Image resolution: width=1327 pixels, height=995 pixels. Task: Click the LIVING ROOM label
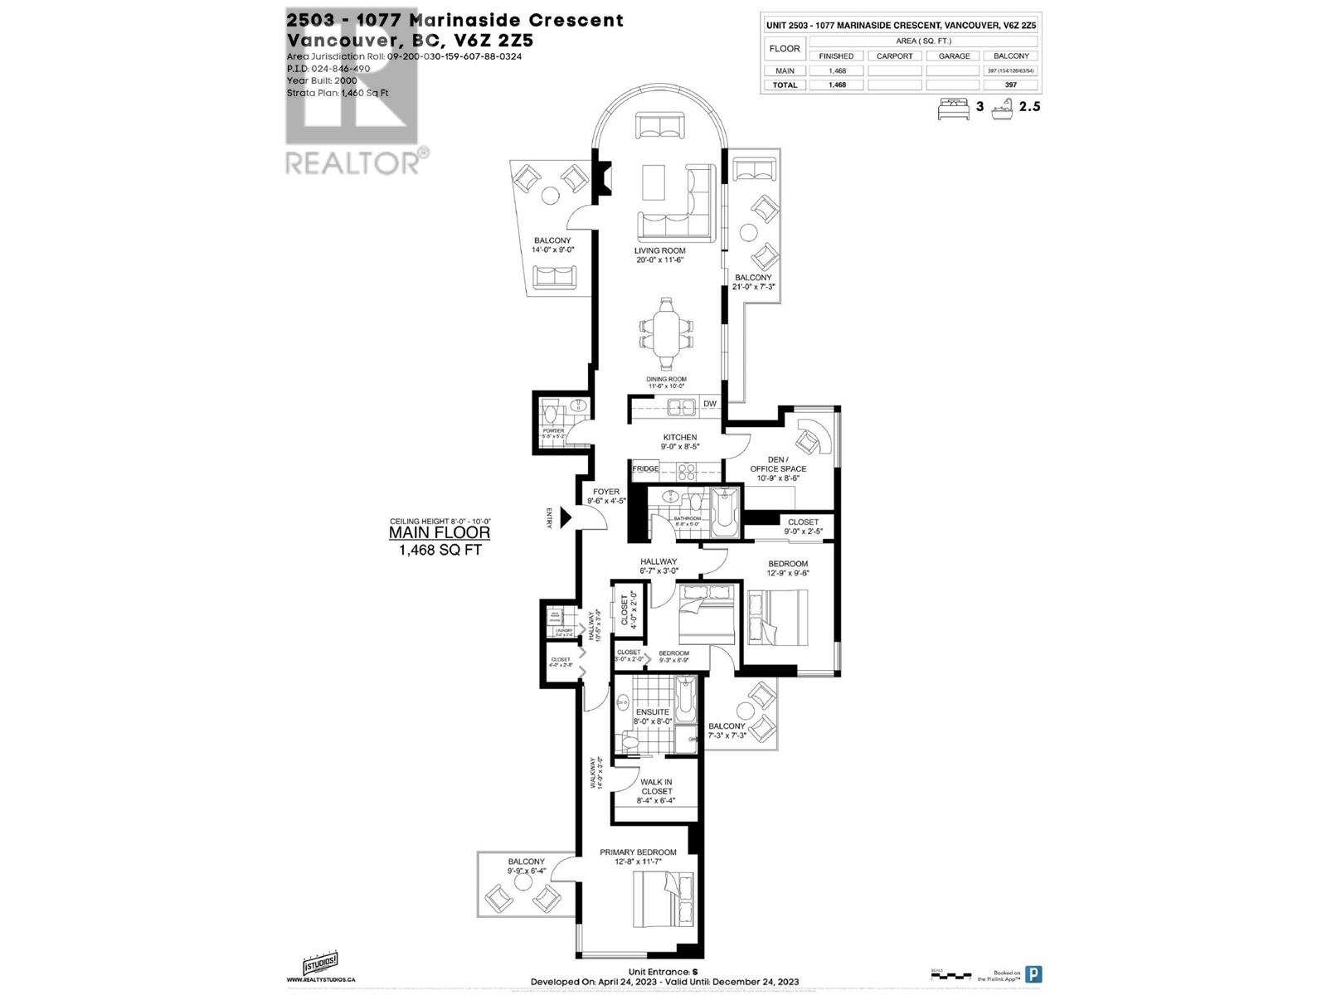659,250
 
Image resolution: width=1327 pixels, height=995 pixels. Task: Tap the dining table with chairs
665,334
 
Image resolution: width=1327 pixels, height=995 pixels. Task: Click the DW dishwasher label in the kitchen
710,404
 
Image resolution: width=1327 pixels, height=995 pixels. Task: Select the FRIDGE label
645,469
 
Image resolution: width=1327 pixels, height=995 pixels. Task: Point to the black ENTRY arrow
566,518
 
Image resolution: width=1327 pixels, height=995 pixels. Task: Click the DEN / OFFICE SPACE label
777,464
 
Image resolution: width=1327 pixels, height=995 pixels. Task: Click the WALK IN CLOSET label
656,787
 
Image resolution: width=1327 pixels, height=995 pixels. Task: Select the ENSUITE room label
653,712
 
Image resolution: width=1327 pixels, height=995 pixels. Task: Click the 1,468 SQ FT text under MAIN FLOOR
440,550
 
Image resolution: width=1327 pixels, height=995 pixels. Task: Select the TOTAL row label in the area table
785,85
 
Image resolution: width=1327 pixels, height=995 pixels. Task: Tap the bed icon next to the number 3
953,107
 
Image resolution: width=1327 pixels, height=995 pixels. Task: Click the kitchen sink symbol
683,406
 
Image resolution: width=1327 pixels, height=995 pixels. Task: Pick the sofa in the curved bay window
660,126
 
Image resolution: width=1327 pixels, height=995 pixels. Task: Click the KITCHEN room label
679,437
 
